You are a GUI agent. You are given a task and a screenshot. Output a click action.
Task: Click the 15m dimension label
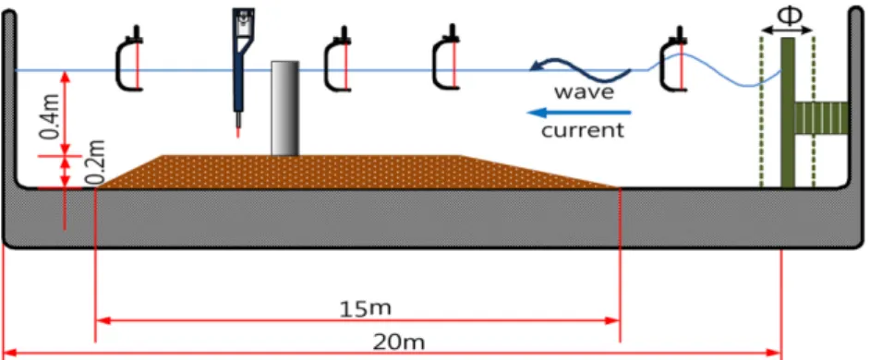click(365, 308)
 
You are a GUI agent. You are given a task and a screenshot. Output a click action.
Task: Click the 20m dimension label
click(399, 342)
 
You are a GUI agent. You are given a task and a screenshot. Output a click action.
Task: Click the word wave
click(585, 91)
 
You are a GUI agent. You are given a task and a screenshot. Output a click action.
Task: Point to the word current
click(583, 131)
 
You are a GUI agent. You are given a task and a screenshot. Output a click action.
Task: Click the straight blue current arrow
click(579, 114)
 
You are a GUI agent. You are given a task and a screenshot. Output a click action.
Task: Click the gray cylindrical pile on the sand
click(284, 108)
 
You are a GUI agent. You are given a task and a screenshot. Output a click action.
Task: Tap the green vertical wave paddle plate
click(787, 113)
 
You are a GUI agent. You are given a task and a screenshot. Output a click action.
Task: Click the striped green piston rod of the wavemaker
click(821, 118)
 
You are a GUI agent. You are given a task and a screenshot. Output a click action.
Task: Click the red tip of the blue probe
click(238, 131)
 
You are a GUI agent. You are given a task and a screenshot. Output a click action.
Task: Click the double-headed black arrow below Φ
click(787, 30)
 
